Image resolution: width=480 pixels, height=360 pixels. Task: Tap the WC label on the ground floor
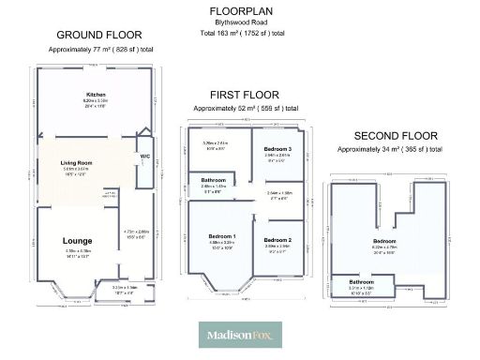(144, 157)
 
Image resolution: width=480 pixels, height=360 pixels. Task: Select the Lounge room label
(78, 240)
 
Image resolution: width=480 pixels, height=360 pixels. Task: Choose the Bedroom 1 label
(221, 235)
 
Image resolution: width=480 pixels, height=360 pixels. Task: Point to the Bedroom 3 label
(277, 150)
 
